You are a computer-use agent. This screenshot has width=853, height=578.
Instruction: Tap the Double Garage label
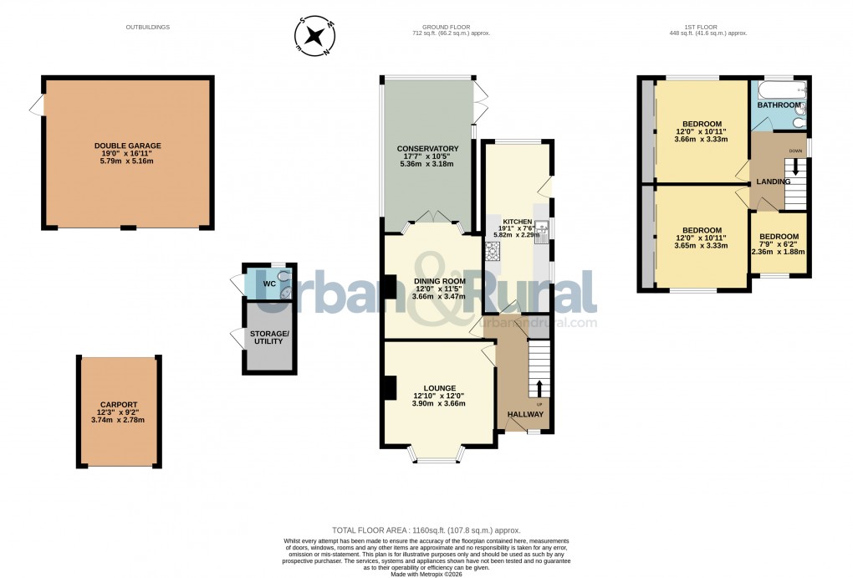128,146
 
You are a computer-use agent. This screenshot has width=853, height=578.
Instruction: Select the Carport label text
118,405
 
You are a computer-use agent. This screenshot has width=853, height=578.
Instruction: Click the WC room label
269,284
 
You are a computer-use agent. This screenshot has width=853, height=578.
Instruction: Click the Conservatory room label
428,149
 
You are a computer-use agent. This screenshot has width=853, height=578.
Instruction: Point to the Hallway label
526,414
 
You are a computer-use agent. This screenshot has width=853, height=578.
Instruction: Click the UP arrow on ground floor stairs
539,387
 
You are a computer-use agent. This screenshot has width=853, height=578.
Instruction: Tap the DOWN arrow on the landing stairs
794,166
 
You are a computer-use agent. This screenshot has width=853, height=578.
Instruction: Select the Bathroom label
779,106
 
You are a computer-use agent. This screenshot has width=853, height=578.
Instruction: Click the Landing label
774,182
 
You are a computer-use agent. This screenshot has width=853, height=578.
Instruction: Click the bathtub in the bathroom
778,89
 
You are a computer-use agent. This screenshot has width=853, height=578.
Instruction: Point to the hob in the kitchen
491,249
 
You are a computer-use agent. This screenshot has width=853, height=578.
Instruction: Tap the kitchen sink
540,227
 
